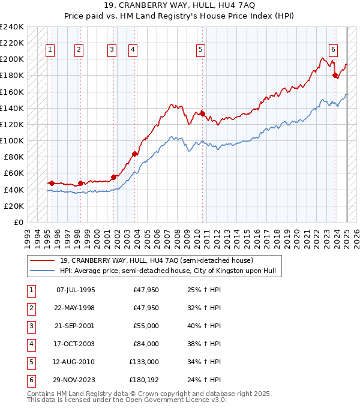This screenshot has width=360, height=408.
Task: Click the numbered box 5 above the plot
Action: [x=200, y=50]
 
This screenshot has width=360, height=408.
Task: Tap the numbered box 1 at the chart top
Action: [x=50, y=50]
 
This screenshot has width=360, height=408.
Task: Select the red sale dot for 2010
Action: [x=203, y=113]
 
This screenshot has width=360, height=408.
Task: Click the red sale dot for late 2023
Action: [x=335, y=75]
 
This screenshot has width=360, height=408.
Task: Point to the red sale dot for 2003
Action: [x=134, y=154]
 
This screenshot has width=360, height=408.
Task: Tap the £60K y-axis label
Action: [x=14, y=173]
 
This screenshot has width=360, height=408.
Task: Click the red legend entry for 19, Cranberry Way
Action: [x=156, y=260]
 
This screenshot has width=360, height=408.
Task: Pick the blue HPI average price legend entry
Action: [x=167, y=271]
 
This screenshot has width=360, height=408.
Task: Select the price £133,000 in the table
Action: [x=144, y=362]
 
